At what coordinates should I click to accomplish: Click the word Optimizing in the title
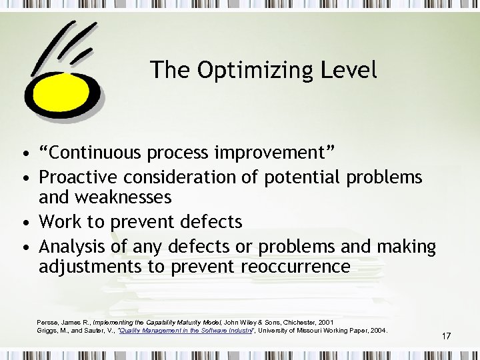(x=256, y=71)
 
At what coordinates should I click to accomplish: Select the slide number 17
(x=446, y=336)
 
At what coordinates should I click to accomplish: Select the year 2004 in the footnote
(x=377, y=331)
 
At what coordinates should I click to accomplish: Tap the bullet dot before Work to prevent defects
(x=25, y=222)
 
